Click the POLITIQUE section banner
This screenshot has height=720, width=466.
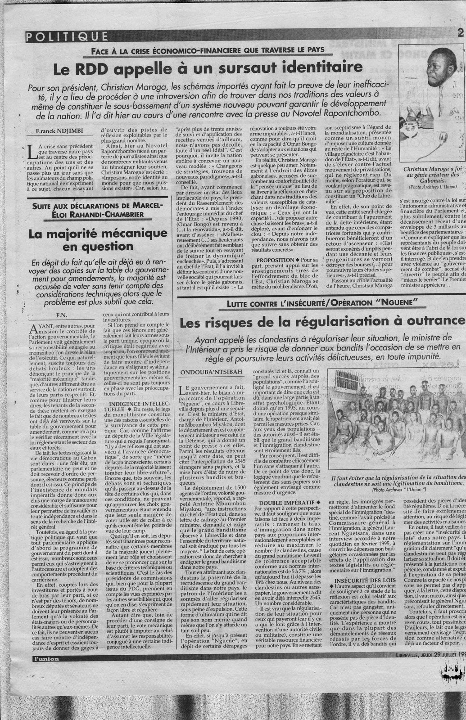(67, 37)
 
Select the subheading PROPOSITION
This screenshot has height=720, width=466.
(275, 261)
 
